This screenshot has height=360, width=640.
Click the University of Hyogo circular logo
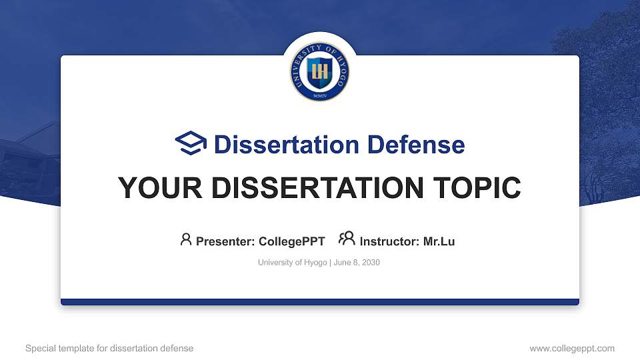(x=320, y=71)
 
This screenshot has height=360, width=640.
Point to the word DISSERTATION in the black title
(x=315, y=188)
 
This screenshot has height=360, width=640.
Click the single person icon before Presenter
(x=186, y=239)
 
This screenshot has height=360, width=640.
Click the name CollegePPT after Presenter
(x=292, y=241)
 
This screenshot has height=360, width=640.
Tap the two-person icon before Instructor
(x=347, y=239)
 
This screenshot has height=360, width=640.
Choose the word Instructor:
(x=389, y=241)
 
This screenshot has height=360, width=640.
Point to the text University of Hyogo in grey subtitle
(x=292, y=263)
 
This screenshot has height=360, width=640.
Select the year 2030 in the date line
(x=370, y=263)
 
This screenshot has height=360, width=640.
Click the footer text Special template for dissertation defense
(x=109, y=348)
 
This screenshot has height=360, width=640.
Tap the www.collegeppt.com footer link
(x=572, y=348)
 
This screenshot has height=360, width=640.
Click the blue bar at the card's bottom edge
(x=320, y=302)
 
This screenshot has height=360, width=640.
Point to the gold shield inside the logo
(x=320, y=71)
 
